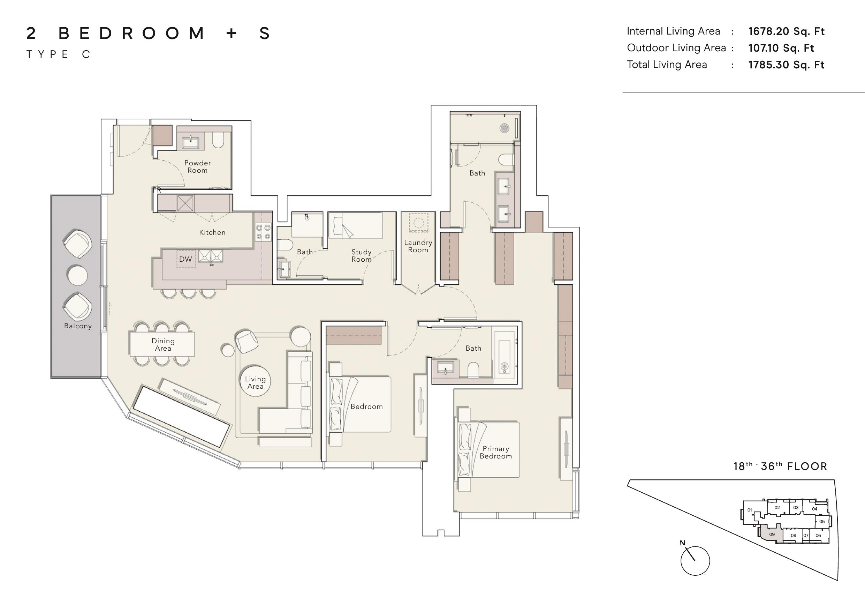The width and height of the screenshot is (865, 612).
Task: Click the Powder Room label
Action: click(x=197, y=167)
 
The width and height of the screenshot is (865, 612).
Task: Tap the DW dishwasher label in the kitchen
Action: click(x=185, y=259)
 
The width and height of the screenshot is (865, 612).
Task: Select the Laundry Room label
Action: click(x=418, y=246)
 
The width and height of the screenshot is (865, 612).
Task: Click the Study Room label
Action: click(x=361, y=256)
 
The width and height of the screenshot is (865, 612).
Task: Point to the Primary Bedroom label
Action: click(x=496, y=452)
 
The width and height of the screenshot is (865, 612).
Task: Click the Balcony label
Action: click(x=78, y=326)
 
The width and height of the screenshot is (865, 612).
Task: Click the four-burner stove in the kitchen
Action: click(x=263, y=232)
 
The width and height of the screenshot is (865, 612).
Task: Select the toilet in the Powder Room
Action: click(x=218, y=140)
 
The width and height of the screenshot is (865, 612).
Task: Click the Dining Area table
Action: click(x=162, y=344)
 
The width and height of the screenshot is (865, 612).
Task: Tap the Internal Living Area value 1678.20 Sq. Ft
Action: click(x=786, y=31)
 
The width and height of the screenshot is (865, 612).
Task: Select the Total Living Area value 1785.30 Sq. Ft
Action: click(x=786, y=65)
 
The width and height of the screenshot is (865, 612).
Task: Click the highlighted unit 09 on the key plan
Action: click(x=771, y=534)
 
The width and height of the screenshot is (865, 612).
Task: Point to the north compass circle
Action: click(x=695, y=561)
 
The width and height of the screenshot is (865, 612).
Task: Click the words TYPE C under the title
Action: click(x=58, y=55)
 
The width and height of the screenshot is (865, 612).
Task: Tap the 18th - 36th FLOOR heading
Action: click(x=780, y=467)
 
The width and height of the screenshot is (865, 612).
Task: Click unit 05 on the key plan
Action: click(x=822, y=522)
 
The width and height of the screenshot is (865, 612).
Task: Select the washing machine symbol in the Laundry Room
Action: click(x=419, y=223)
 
